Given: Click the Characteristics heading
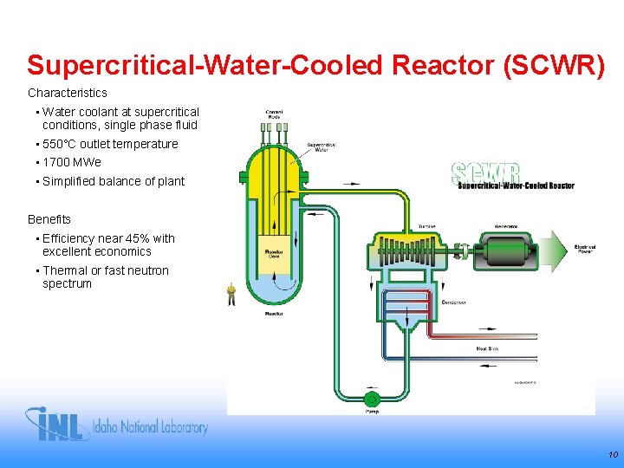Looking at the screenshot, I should [68, 92].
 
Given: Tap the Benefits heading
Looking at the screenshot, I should [49, 219].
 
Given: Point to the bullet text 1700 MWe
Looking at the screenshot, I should [72, 162].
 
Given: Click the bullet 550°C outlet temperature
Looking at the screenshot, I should [110, 144].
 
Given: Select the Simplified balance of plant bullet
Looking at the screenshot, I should [114, 181].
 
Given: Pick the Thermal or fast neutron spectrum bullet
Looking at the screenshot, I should [105, 276].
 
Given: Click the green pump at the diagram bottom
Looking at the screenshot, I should [371, 399].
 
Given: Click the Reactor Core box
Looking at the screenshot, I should [275, 253].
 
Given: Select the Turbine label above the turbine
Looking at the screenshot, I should [426, 227].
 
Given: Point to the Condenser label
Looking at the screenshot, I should [453, 302].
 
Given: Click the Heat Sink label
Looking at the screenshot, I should [487, 349].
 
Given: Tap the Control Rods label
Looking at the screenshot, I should [274, 115].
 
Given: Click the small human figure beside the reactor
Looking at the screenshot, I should [231, 295].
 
